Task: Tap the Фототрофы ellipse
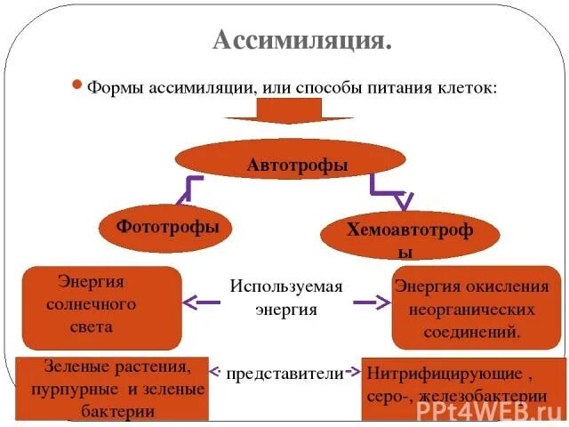pyautogui.click(x=167, y=226)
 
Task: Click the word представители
pyautogui.click(x=284, y=375)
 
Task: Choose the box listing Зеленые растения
pyautogui.click(x=112, y=388)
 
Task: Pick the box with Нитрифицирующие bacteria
pyautogui.click(x=462, y=387)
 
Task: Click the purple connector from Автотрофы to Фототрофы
pyautogui.click(x=191, y=189)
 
